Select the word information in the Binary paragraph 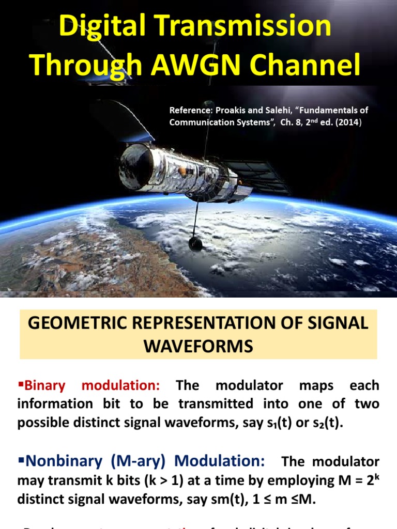[56, 404]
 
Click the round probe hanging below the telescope [195, 243]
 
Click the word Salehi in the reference [282, 110]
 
